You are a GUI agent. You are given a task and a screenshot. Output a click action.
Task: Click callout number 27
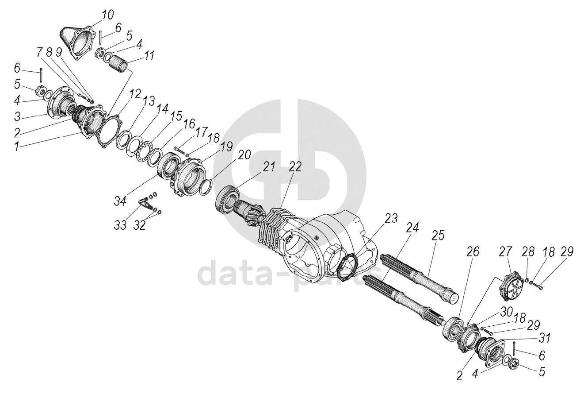click(x=505, y=252)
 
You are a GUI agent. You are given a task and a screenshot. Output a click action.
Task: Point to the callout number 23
click(x=391, y=219)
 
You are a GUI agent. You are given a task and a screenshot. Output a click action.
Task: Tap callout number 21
click(x=269, y=167)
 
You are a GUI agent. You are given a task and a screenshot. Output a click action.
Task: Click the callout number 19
click(x=226, y=147)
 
